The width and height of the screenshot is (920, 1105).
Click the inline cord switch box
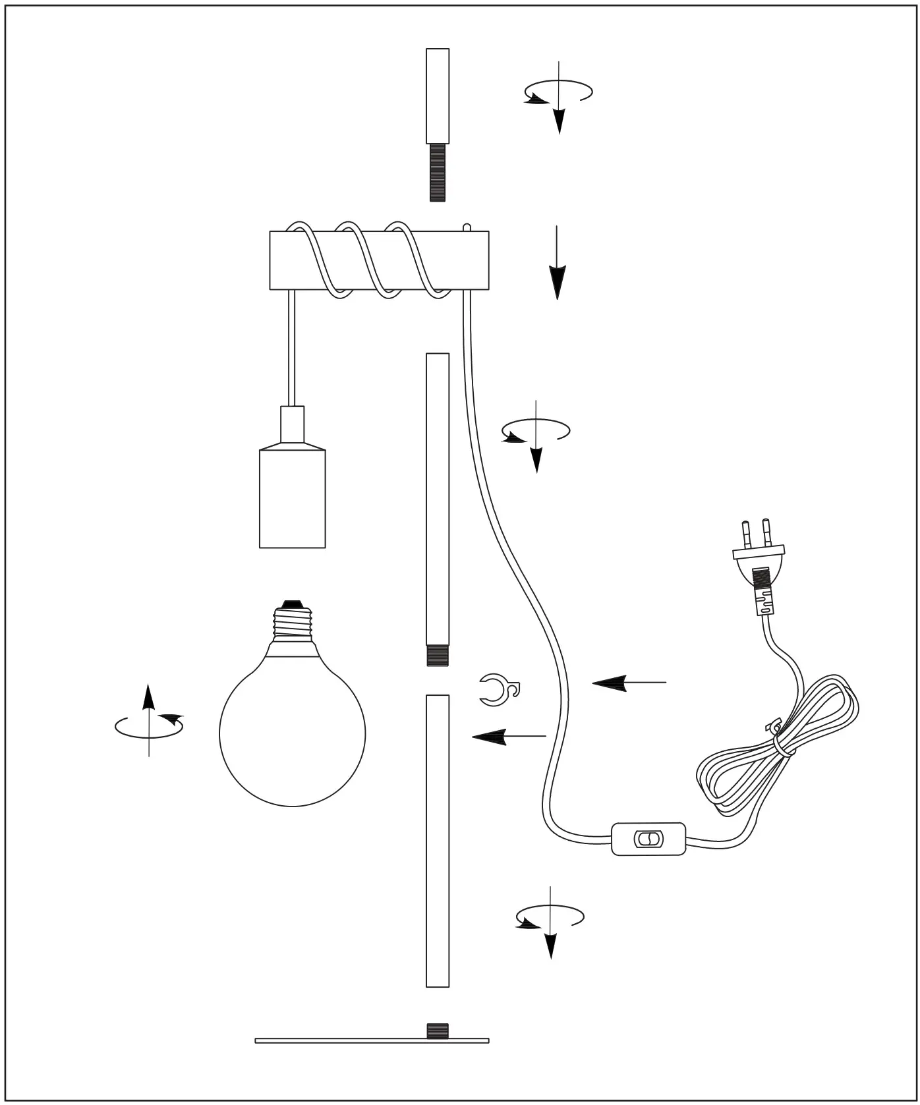pyautogui.click(x=648, y=839)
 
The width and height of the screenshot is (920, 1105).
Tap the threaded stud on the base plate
pyautogui.click(x=438, y=1030)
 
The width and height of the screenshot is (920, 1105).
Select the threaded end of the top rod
pyautogui.click(x=438, y=173)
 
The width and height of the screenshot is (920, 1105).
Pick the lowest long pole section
pyautogui.click(x=438, y=840)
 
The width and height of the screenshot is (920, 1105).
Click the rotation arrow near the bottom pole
pyautogui.click(x=550, y=919)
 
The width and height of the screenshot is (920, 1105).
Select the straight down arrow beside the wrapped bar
pyautogui.click(x=558, y=264)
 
